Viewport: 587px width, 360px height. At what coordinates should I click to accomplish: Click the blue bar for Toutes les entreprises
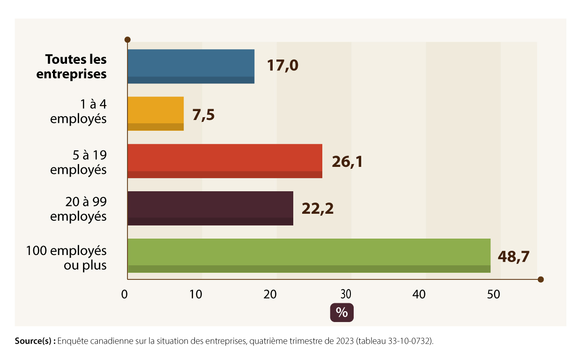click(x=191, y=66)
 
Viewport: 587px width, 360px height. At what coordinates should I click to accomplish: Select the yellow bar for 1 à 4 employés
click(x=156, y=113)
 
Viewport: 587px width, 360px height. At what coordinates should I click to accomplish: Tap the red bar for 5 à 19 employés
click(x=225, y=161)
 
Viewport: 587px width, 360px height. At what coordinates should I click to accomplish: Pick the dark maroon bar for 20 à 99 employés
click(x=210, y=208)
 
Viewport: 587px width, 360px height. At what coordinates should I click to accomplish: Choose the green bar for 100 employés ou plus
click(x=309, y=255)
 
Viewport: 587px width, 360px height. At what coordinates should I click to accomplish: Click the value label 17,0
click(x=282, y=66)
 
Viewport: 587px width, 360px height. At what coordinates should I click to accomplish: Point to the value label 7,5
click(x=203, y=114)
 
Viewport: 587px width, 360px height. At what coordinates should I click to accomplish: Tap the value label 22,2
click(x=318, y=209)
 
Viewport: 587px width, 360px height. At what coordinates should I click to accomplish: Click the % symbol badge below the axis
click(x=342, y=313)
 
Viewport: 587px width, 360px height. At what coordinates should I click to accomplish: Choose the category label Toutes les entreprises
click(x=75, y=67)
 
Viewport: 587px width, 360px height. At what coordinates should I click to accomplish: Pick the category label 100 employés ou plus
click(x=66, y=258)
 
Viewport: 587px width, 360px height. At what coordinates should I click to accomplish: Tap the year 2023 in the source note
click(x=344, y=341)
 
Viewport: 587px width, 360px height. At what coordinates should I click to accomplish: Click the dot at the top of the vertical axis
click(x=127, y=40)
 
